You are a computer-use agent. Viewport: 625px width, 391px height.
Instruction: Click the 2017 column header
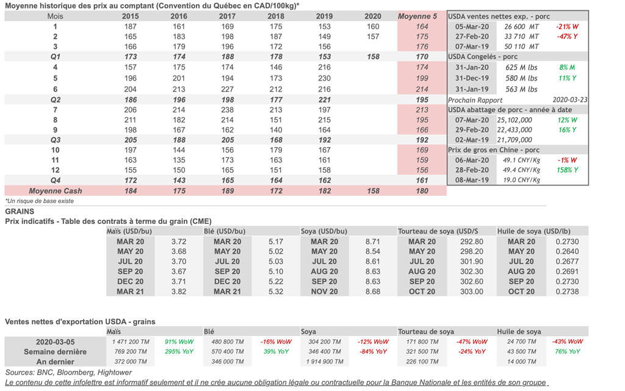(226, 16)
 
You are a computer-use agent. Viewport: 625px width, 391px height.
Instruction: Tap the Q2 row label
(56, 99)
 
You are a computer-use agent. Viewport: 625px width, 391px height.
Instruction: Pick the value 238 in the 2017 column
(226, 110)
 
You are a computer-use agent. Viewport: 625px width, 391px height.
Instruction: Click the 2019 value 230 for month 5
(324, 79)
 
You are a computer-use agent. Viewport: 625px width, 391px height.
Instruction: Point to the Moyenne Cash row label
(56, 191)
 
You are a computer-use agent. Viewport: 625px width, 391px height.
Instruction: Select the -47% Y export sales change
(567, 37)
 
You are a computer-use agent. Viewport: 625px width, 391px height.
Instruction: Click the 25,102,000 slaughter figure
(515, 120)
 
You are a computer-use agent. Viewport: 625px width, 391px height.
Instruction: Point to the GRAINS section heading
(20, 212)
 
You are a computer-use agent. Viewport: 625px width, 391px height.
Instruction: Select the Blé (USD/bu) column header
(225, 231)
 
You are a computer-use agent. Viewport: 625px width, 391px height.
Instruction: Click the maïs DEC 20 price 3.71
(179, 282)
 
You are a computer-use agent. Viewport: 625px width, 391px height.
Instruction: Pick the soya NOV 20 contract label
(324, 292)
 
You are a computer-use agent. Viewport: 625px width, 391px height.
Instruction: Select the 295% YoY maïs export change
(178, 352)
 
